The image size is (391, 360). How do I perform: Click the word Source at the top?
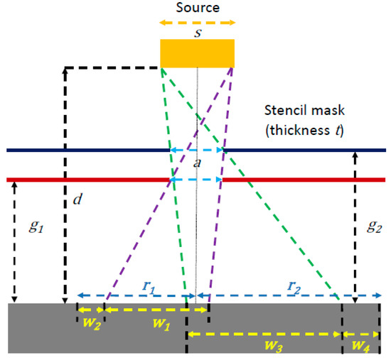[197, 9]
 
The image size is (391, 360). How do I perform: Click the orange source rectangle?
[197, 54]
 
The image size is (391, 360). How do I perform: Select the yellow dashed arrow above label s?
[197, 23]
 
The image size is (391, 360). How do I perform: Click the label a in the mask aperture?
[196, 165]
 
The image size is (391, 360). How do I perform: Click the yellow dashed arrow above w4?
[360, 334]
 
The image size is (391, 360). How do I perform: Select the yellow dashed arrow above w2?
[91, 310]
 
